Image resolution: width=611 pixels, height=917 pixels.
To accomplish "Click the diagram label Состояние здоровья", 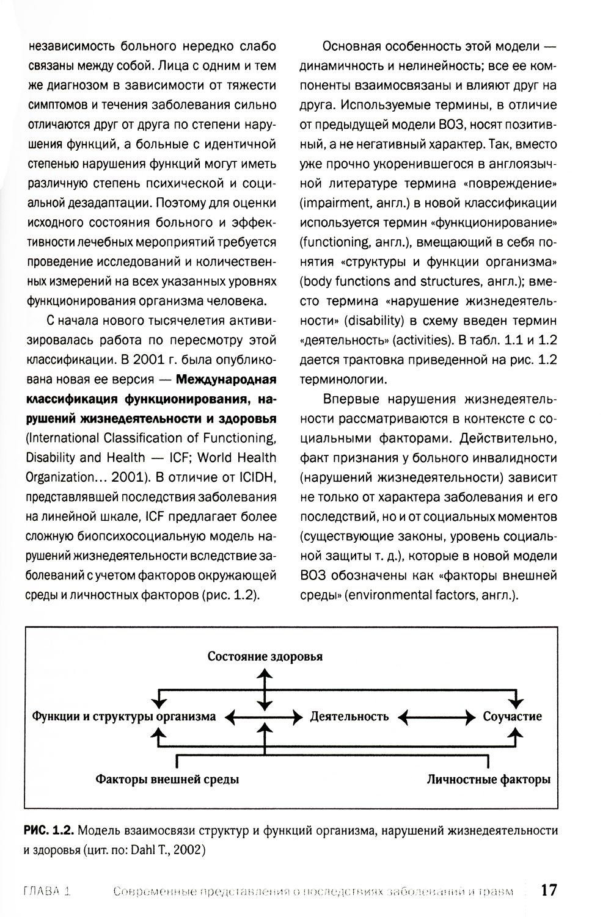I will point(265,657).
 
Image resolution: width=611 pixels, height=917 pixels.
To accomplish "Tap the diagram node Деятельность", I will point(349,716).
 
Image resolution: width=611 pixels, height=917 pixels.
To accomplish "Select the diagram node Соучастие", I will point(512,716).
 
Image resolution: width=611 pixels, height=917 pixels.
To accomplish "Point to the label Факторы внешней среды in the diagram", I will point(167,779).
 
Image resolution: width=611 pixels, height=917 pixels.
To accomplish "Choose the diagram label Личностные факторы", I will point(488,779).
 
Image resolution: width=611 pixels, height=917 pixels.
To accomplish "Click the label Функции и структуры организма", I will point(123,716).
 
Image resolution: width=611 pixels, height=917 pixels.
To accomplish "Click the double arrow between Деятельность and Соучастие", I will point(436,716).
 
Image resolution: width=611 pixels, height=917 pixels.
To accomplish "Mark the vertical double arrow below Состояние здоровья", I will point(264,687).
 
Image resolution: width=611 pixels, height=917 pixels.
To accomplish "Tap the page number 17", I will point(549,890).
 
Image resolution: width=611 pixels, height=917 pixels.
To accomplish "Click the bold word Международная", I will point(226,379).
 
